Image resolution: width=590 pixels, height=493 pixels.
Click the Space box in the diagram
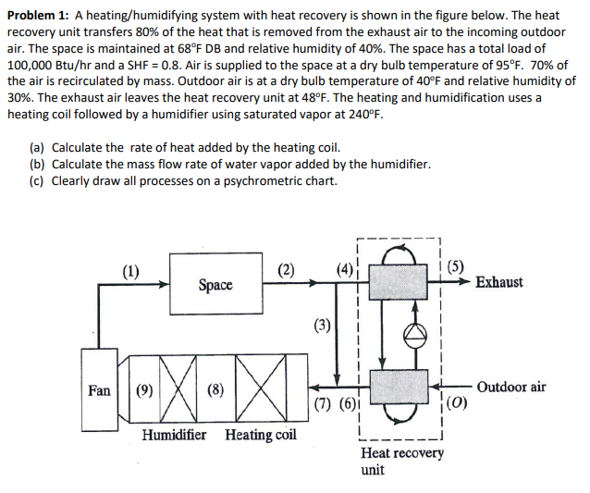[x=215, y=285]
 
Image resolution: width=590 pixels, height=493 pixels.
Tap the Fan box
[x=99, y=389]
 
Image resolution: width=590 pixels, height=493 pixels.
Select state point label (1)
[x=131, y=271]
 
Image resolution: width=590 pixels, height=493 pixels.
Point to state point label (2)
[x=287, y=271]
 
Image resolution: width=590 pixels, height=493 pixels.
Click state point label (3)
[x=322, y=324]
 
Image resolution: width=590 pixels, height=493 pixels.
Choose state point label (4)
[x=344, y=271]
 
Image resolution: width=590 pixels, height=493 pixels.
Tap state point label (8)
[x=215, y=389]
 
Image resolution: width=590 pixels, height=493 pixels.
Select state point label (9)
[x=144, y=389]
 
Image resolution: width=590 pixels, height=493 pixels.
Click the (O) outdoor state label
[x=460, y=403]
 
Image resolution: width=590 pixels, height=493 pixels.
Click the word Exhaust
[x=498, y=282]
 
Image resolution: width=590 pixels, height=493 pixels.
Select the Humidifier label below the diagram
[x=175, y=434]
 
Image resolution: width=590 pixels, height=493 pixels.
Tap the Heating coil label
[x=261, y=434]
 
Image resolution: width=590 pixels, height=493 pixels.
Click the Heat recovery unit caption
[x=401, y=461]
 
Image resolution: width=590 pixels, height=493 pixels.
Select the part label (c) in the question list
[x=37, y=180]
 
